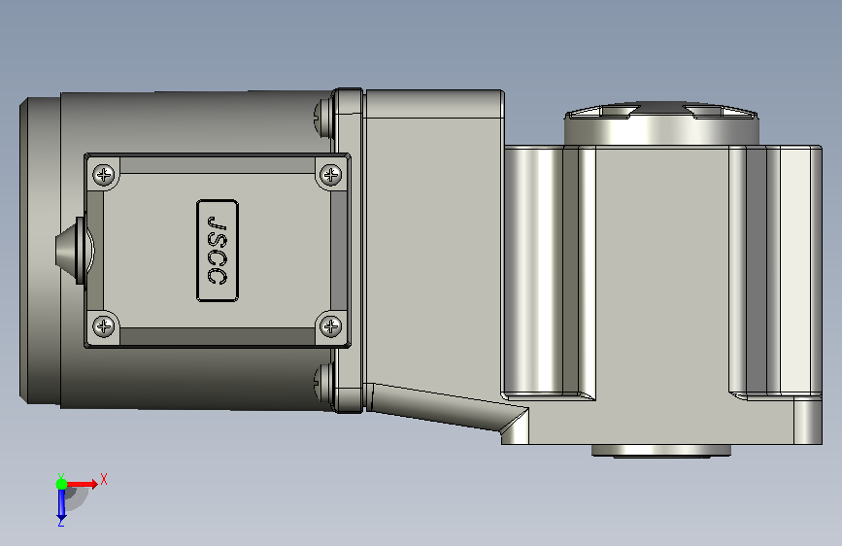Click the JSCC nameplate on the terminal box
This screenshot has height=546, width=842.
(x=218, y=251)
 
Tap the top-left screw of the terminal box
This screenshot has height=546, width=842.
(x=104, y=175)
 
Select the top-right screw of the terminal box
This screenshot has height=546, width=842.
(x=330, y=175)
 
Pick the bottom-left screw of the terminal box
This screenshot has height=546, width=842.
(x=104, y=326)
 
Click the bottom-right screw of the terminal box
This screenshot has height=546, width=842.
(x=330, y=326)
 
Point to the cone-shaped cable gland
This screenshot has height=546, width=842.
(x=73, y=250)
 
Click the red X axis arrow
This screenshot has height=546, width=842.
(x=81, y=484)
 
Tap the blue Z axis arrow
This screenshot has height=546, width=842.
(x=61, y=503)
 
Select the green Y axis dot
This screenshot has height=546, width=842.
(x=62, y=484)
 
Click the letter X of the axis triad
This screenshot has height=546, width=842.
(x=104, y=479)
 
